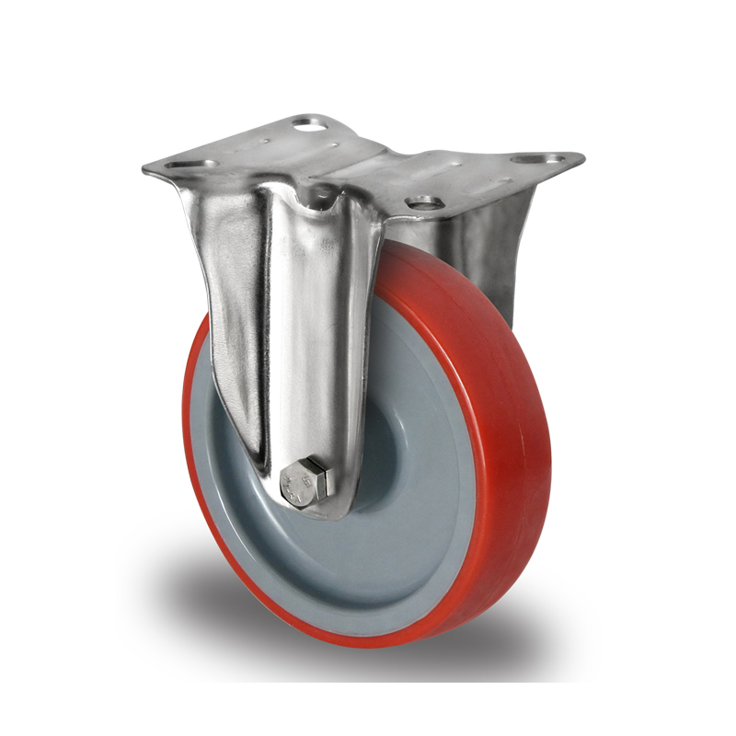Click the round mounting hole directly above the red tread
point(422,201)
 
